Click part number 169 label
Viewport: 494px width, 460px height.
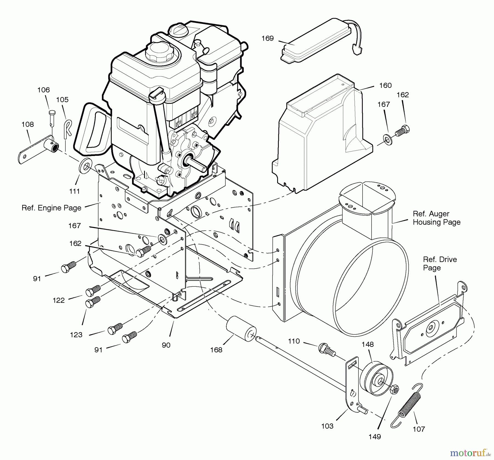[x=268, y=38]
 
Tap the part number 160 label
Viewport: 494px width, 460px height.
[x=385, y=85]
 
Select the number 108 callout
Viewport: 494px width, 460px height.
[x=28, y=124]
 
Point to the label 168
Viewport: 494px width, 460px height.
[x=216, y=350]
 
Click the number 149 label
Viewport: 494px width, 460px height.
[x=375, y=437]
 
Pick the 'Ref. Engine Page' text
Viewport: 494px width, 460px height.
[x=52, y=208]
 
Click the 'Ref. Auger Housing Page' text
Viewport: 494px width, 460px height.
[x=437, y=218]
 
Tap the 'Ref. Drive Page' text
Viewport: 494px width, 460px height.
[x=440, y=264]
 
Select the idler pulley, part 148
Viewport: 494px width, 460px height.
[x=376, y=379]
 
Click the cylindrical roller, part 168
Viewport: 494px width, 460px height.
[x=241, y=329]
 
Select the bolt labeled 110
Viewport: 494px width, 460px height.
[x=327, y=350]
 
